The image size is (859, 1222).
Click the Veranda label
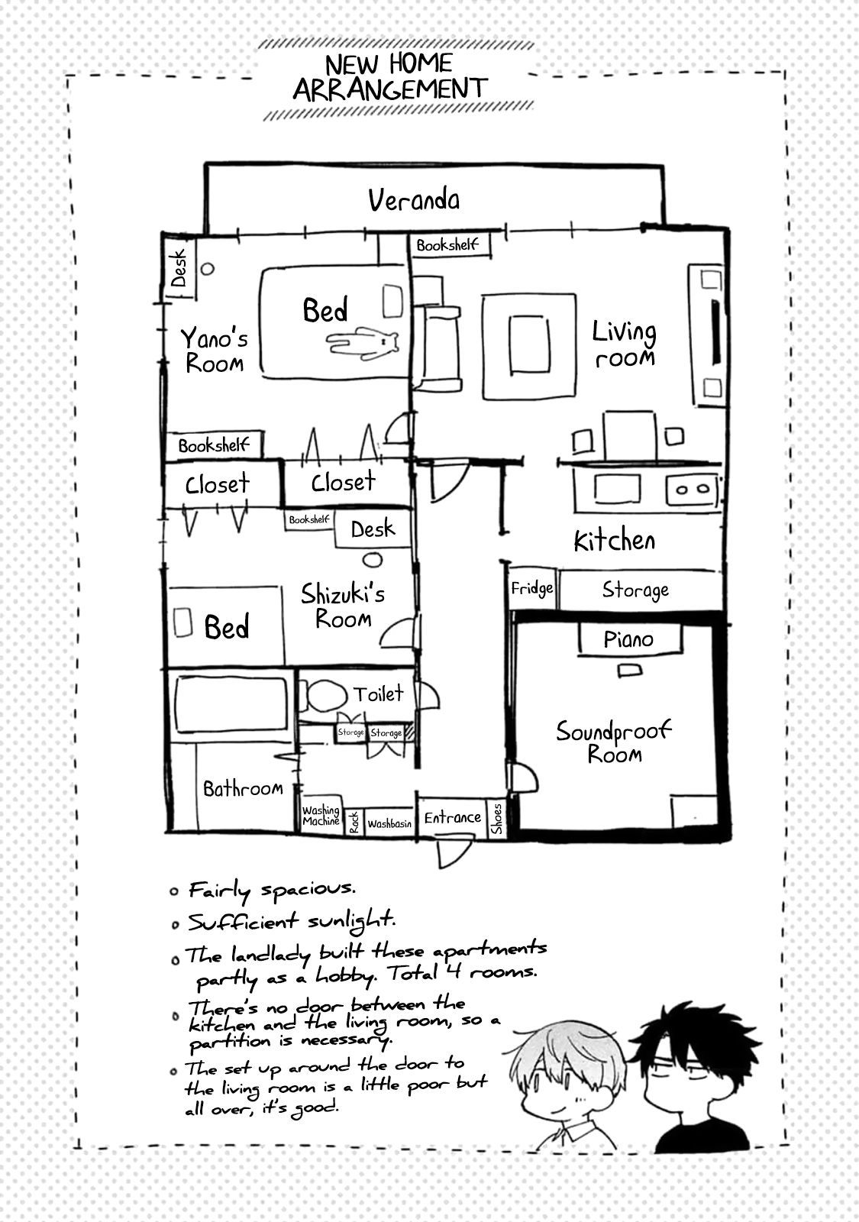[x=413, y=200]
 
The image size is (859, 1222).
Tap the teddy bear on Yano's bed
[x=362, y=343]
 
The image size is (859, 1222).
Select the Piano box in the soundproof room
[x=629, y=639]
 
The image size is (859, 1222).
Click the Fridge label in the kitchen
[x=531, y=589]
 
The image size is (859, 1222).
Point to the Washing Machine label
[x=321, y=816]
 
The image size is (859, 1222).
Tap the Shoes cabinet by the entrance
[x=496, y=818]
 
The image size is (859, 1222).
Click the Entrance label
[x=453, y=817]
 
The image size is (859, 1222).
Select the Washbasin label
[x=389, y=824]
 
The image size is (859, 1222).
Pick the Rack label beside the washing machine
[x=354, y=822]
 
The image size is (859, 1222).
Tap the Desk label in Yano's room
[x=179, y=268]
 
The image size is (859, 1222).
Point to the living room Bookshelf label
[x=447, y=245]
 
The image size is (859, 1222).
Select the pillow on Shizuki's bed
[x=182, y=622]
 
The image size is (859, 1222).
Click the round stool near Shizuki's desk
[x=373, y=559]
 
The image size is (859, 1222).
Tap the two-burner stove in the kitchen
[x=692, y=489]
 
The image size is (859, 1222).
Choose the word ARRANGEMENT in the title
[x=389, y=89]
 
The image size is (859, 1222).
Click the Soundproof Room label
[x=614, y=742]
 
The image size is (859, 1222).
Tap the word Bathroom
[x=243, y=788]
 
